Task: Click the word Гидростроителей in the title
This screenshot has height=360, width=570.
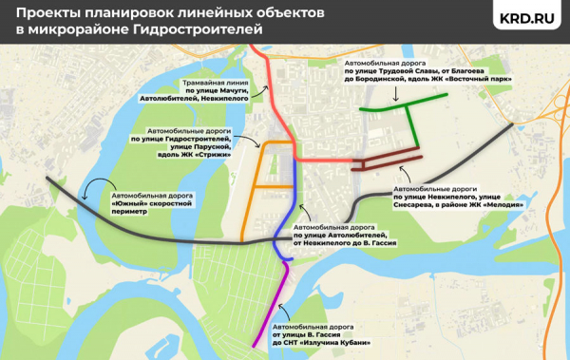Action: click(207, 30)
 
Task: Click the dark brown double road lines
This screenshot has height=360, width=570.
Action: click(385, 157)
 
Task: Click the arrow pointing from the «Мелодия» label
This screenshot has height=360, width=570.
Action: click(405, 174)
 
